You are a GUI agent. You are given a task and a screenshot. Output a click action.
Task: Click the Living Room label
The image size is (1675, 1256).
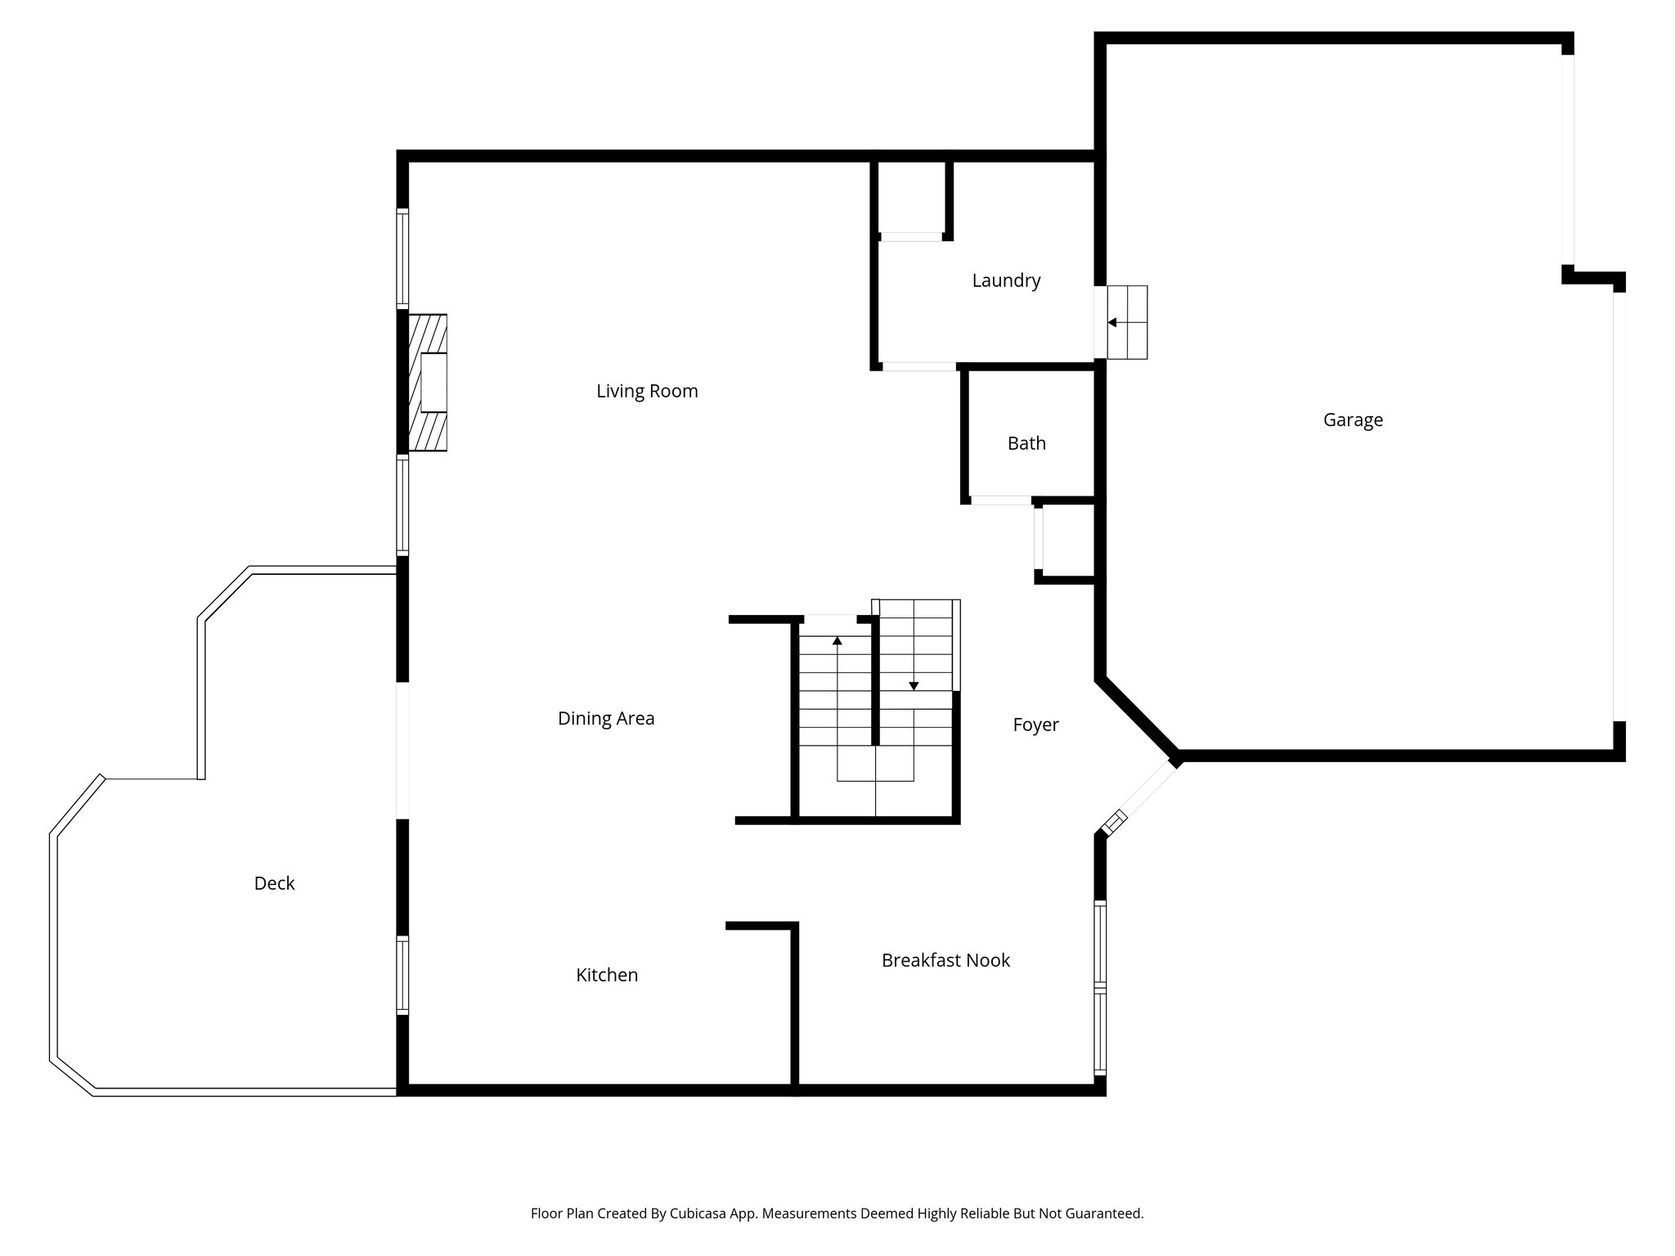point(647,391)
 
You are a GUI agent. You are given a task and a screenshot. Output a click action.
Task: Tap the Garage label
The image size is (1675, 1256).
point(1353,419)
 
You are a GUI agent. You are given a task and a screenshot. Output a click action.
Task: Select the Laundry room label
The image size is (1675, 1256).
point(1006,280)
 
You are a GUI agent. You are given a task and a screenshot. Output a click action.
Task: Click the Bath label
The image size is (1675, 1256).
point(1026,443)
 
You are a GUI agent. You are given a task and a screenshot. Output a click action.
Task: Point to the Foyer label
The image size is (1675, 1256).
point(1035,724)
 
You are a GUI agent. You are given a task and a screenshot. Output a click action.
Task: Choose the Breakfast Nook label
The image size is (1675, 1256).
point(945,960)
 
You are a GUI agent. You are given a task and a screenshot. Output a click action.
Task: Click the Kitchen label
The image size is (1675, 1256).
point(607,975)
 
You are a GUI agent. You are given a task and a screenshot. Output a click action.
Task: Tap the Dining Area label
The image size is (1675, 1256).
point(606,718)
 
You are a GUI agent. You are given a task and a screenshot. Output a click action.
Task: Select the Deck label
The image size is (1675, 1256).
point(274,883)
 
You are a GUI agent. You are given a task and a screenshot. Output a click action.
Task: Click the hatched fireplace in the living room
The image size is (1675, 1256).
point(428,383)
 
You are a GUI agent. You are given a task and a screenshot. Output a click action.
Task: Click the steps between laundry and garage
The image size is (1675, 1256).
point(1127,322)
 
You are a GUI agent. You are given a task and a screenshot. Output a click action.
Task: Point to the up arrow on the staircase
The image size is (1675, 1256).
point(837,641)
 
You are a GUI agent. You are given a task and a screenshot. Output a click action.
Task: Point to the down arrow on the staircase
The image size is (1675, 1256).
point(914,684)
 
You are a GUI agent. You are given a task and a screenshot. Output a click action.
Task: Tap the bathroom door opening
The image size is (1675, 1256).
point(1000,500)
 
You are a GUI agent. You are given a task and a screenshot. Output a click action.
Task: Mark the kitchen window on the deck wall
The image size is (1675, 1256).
point(402,975)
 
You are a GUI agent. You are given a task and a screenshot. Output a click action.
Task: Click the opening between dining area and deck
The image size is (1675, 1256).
point(402,750)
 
